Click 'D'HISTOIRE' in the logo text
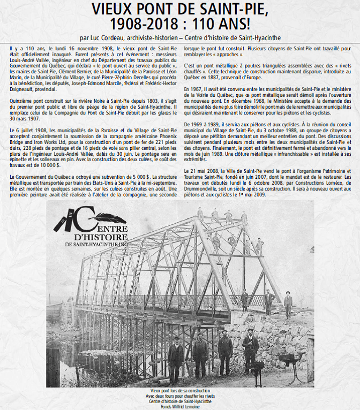[92, 236]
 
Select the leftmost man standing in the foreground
[175, 356]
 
